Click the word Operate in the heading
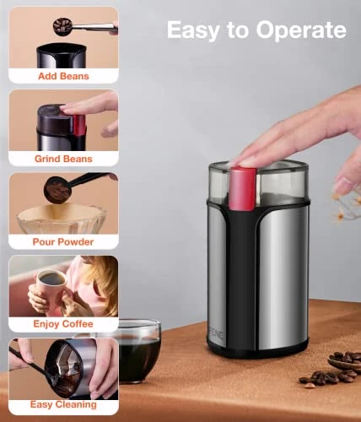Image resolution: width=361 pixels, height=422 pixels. (301, 30)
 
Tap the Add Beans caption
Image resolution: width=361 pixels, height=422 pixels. (63, 76)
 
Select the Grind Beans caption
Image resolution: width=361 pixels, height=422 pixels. (63, 159)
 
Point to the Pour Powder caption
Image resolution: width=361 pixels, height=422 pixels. (63, 241)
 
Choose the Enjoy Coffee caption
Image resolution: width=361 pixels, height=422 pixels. (63, 324)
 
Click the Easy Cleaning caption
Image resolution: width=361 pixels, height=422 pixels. (63, 404)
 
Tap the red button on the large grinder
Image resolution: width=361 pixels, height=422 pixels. (243, 188)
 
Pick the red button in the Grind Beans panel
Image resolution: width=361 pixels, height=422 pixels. (79, 125)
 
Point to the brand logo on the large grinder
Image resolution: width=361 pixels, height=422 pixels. (216, 335)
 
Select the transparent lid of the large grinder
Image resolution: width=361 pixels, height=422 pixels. (259, 181)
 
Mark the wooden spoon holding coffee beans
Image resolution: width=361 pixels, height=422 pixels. (345, 361)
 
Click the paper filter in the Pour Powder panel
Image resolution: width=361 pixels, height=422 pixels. (62, 219)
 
